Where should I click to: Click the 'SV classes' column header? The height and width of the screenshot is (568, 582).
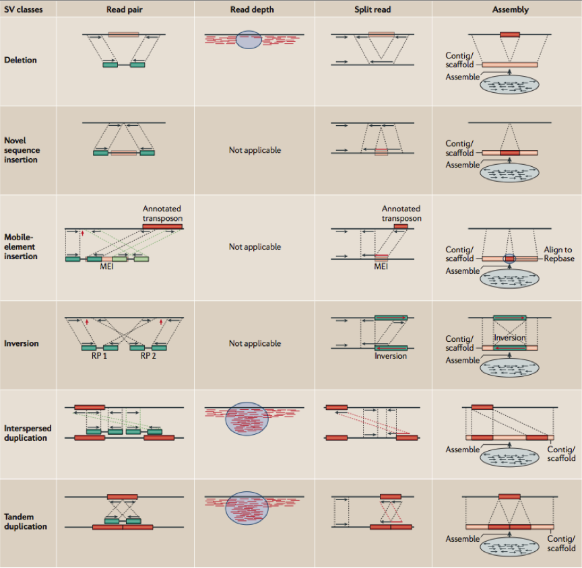[24, 9]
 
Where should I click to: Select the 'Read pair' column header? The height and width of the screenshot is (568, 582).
[123, 9]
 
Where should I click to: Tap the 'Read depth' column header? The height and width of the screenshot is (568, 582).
[254, 9]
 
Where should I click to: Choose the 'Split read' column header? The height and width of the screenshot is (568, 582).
[373, 9]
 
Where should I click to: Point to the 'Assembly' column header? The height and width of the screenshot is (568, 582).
[510, 9]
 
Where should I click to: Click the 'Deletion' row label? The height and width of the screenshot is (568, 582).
[20, 60]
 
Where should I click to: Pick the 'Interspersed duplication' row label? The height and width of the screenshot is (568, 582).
[27, 433]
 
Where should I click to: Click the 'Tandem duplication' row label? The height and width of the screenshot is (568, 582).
[26, 521]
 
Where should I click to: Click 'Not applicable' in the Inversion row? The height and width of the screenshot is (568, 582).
[255, 343]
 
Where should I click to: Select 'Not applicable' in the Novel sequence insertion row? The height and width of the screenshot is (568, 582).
[255, 150]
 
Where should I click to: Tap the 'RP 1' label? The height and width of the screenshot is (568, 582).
[100, 356]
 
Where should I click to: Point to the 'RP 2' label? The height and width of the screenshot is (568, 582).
[149, 356]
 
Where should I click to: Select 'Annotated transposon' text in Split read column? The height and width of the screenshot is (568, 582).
[401, 213]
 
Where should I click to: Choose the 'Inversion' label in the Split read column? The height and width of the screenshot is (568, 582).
[391, 356]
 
